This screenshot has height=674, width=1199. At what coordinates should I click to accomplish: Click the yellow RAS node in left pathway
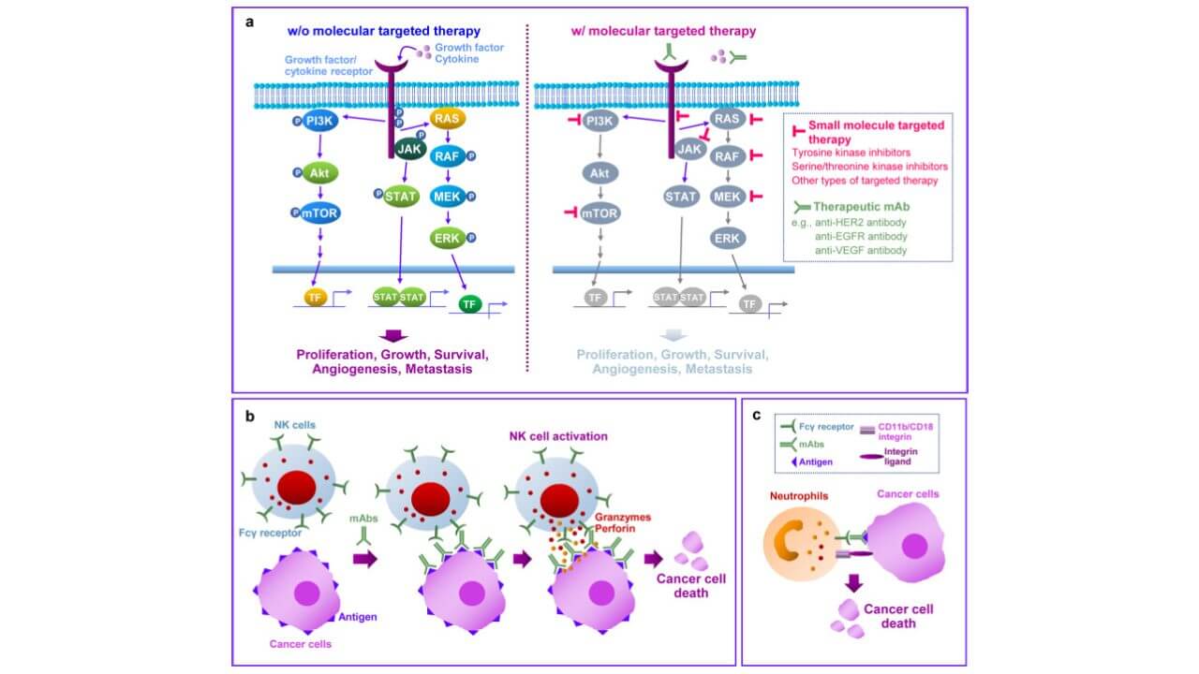tap(446, 119)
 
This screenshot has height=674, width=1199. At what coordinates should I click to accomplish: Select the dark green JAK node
tap(407, 149)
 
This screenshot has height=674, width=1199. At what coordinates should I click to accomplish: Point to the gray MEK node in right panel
tap(727, 198)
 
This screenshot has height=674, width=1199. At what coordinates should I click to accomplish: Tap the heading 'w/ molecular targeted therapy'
tap(663, 31)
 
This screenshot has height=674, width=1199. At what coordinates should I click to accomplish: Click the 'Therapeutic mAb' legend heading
tap(852, 206)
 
